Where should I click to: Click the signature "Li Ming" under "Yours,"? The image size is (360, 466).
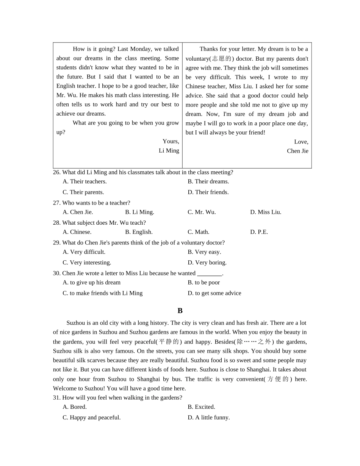[169, 150]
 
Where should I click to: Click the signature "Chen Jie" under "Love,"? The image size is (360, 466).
[297, 151]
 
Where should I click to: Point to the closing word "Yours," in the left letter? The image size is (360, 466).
[171, 141]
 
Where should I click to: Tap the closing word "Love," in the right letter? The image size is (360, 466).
[301, 142]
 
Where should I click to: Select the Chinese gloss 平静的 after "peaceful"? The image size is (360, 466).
[168, 341]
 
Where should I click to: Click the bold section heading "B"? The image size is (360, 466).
[180, 311]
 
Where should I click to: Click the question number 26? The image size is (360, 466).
[56, 172]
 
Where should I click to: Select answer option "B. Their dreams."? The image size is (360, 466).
[208, 181]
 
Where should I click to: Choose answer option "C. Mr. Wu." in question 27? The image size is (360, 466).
[202, 212]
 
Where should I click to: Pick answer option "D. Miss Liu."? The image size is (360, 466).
[266, 212]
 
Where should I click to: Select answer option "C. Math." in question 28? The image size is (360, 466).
[198, 232]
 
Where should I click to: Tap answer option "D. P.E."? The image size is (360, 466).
[259, 232]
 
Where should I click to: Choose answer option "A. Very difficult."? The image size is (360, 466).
[84, 252]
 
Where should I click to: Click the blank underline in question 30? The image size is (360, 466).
[209, 274]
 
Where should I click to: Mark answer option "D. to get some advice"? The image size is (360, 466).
[214, 293]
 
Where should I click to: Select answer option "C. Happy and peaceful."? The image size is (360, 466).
[91, 418]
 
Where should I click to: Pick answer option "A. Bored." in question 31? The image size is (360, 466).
[75, 407]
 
